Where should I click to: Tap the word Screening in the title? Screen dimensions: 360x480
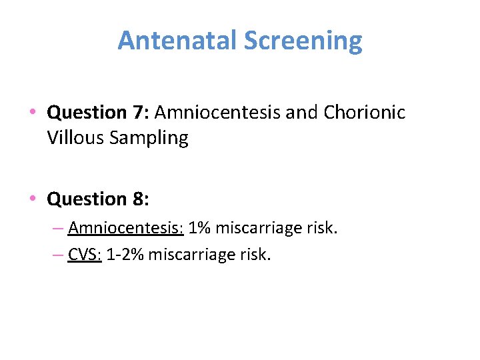pos(303,41)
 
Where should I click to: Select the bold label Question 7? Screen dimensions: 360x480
pos(98,112)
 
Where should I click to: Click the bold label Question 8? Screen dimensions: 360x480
pos(98,199)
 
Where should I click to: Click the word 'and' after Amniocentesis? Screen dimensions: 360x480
pos(302,112)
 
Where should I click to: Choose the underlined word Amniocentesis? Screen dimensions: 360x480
pos(125,229)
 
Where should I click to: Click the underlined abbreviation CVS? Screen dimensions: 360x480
pos(84,255)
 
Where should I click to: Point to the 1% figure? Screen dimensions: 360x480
pos(201,229)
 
